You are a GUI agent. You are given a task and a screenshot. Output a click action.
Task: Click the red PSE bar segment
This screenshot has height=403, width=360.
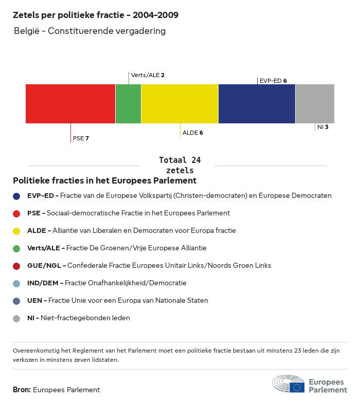tap(70, 104)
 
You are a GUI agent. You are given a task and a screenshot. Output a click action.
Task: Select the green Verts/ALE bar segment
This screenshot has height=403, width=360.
tap(128, 104)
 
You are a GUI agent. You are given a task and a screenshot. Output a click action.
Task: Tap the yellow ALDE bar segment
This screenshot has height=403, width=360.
tap(179, 104)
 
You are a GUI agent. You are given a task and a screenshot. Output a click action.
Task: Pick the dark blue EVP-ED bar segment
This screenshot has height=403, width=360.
tap(257, 104)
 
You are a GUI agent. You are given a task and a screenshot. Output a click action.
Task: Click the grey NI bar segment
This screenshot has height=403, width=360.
tap(315, 104)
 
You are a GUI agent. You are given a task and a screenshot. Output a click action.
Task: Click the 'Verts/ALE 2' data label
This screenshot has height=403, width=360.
tap(148, 75)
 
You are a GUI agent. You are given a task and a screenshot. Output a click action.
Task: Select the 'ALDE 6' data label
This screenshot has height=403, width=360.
tap(193, 133)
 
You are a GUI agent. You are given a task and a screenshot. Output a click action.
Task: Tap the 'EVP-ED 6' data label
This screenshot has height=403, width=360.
tap(273, 81)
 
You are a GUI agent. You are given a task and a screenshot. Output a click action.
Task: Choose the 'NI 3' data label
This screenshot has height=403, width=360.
tap(323, 127)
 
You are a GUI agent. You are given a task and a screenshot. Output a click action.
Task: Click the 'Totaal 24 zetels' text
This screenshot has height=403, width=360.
tap(180, 165)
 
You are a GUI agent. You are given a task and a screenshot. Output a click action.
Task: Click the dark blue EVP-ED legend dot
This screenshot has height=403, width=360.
tap(16, 196)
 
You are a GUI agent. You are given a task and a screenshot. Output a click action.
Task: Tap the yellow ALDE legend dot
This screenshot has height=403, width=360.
tap(16, 231)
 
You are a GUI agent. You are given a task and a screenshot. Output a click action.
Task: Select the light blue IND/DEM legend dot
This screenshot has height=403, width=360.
tap(16, 283)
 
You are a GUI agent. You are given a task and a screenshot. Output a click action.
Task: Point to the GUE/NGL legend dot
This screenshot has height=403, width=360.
tap(16, 266)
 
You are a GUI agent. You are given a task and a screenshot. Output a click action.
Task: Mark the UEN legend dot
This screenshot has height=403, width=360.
tap(16, 301)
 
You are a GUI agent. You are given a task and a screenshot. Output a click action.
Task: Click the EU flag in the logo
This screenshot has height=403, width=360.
tap(297, 387)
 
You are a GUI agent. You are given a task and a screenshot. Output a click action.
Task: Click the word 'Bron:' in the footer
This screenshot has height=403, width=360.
tap(22, 390)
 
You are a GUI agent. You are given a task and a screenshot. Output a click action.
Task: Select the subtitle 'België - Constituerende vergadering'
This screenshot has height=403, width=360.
tap(89, 31)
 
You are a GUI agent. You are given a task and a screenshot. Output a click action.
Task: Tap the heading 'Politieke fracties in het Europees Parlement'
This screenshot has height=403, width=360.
tap(104, 181)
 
